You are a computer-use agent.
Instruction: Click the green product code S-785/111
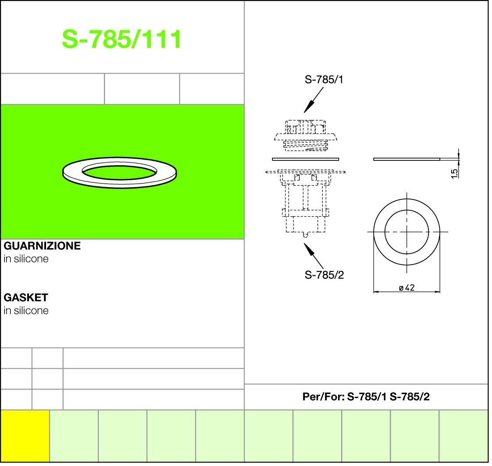coord(121,39)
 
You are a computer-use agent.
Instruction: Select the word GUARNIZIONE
coord(42,245)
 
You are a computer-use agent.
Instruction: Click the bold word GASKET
coord(26,297)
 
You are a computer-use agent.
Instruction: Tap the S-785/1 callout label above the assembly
coord(324,80)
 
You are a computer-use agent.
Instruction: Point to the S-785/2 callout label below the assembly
coord(324,275)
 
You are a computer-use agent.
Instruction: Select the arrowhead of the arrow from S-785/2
coord(308,249)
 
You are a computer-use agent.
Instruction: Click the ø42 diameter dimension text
coord(406,288)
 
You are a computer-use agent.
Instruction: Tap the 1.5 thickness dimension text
coord(454,174)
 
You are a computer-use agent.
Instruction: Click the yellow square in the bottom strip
coord(25,436)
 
